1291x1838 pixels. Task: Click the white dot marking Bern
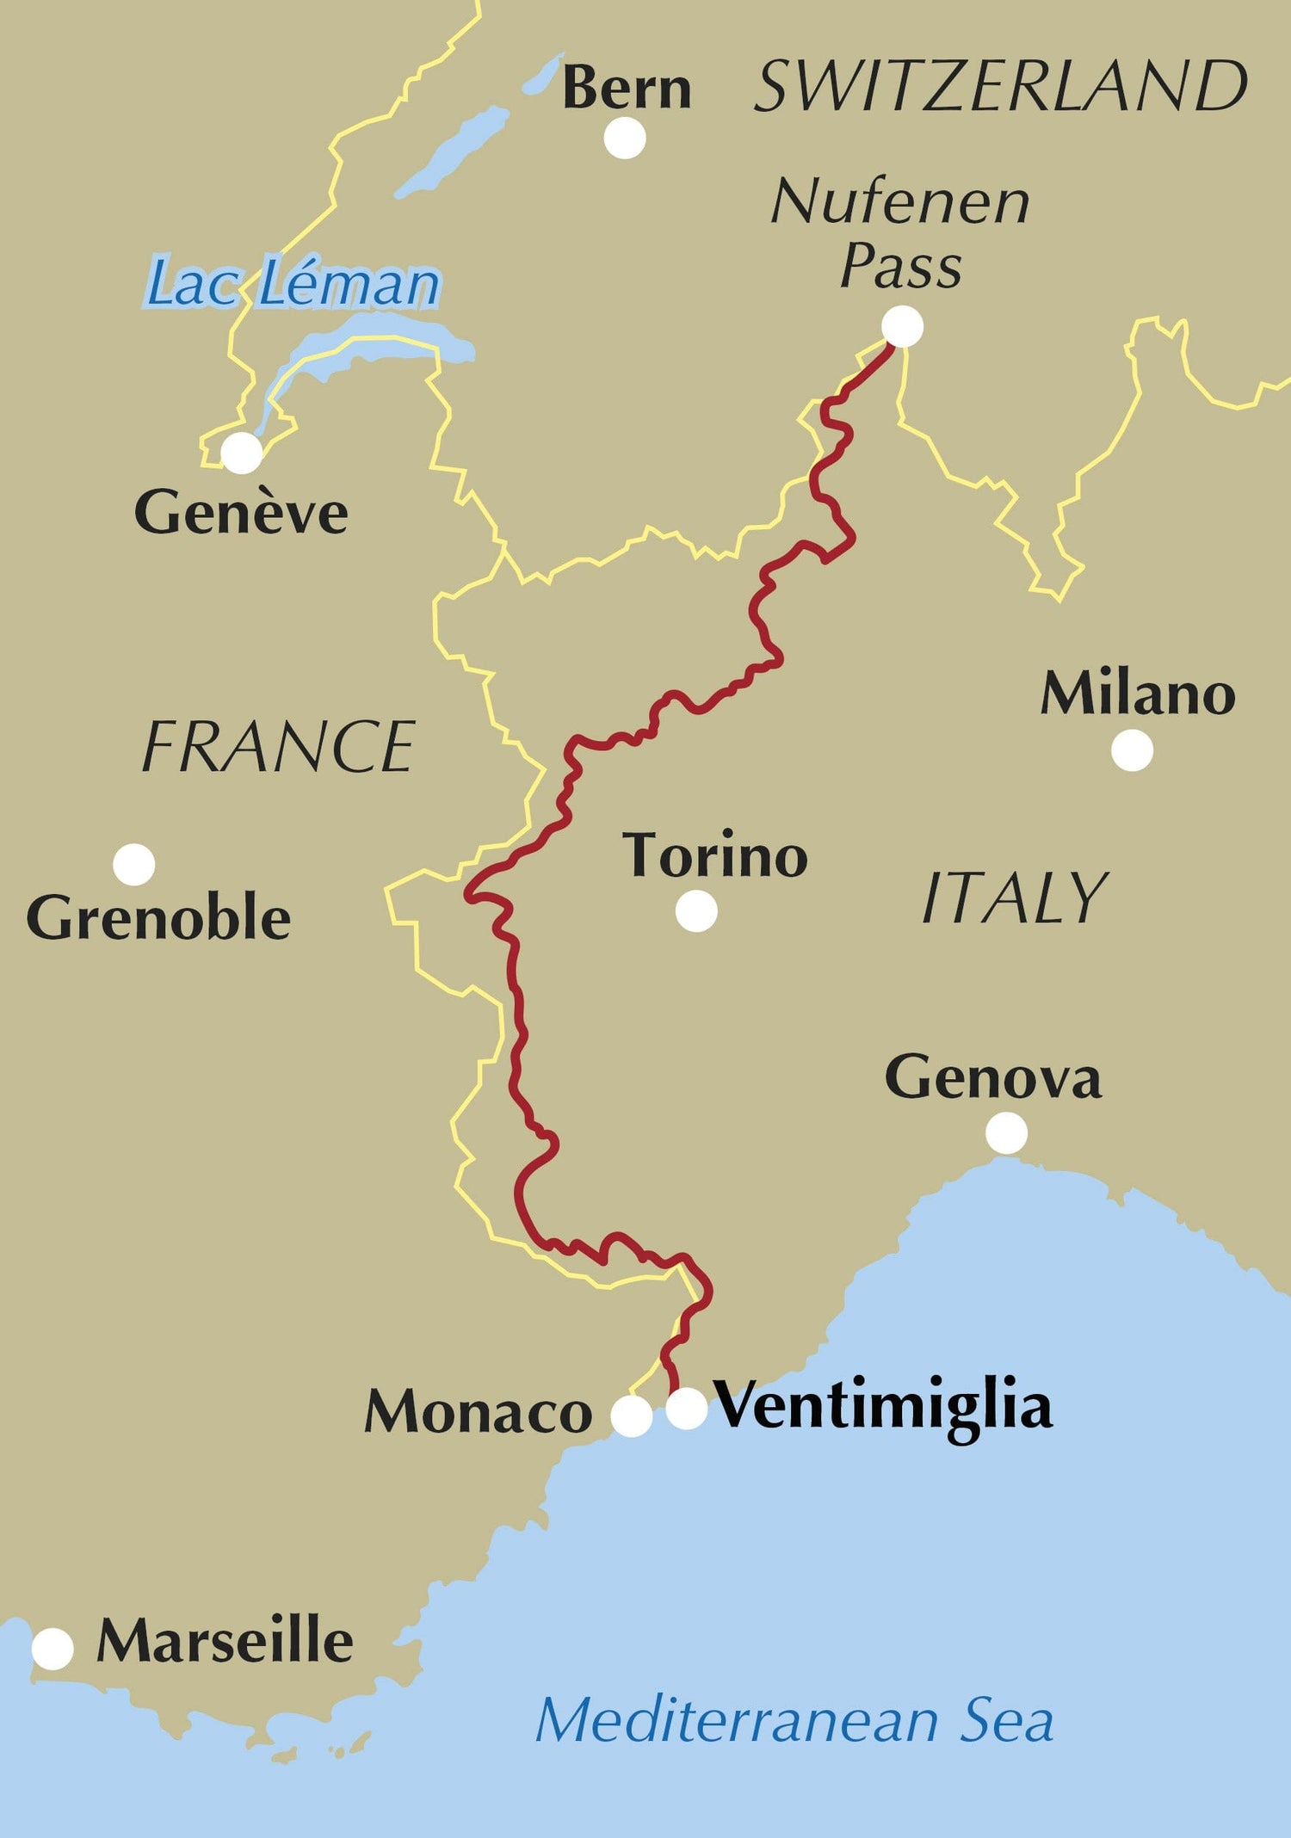tap(625, 138)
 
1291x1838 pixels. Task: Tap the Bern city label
tap(627, 89)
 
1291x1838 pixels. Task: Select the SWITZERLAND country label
tap(1000, 87)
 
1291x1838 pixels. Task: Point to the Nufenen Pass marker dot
tap(903, 327)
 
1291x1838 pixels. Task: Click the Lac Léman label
tap(293, 283)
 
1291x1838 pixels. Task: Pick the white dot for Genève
tap(242, 453)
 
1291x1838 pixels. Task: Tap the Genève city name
tap(241, 514)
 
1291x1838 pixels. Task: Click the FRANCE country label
tap(278, 747)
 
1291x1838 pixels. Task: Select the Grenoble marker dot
tap(134, 864)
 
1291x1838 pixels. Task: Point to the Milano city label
tap(1138, 694)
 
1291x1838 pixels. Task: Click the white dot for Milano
tap(1132, 750)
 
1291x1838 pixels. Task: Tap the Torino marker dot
tap(696, 911)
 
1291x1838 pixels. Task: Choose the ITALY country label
tap(1015, 897)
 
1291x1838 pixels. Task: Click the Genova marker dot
tap(1006, 1132)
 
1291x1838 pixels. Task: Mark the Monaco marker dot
tap(632, 1416)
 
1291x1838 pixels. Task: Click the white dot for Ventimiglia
tap(687, 1409)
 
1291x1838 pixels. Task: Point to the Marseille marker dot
tap(53, 1649)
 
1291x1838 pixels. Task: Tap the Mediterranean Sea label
tap(794, 1721)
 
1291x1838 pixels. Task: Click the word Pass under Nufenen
tap(900, 266)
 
